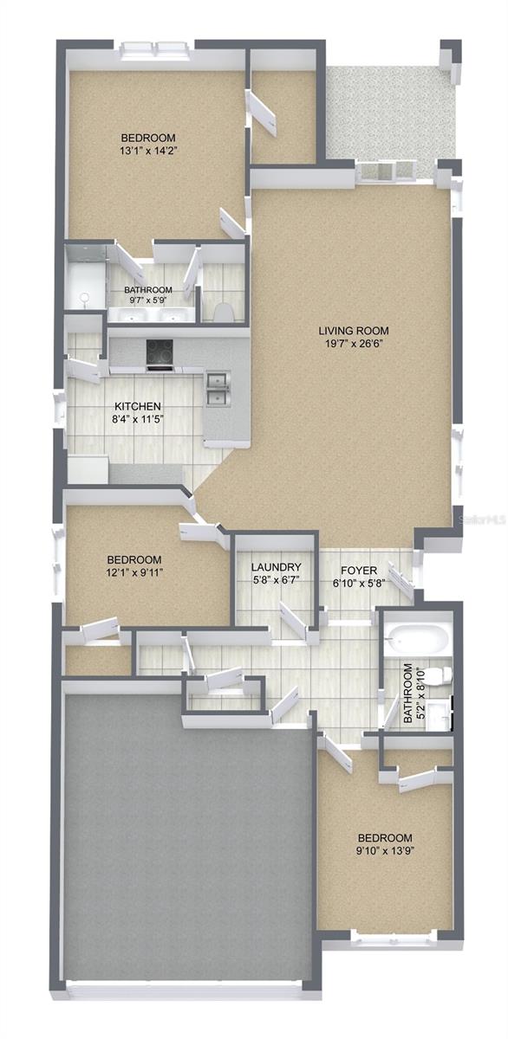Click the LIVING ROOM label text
pos(353,330)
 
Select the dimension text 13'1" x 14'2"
pos(148,150)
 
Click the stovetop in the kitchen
pos(159,352)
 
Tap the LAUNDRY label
pos(276,567)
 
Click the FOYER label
pos(358,570)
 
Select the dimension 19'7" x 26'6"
pos(353,343)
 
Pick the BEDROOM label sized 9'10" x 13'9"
pos(386,838)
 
